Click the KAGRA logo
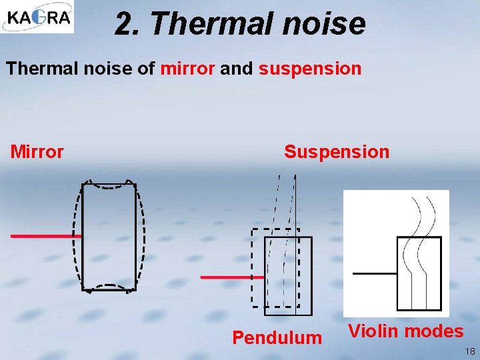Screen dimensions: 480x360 click(37, 17)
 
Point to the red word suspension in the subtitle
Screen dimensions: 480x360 click(310, 69)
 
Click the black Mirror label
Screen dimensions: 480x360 click(37, 152)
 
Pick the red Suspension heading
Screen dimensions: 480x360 click(337, 152)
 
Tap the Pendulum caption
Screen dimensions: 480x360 click(277, 337)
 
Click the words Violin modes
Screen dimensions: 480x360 click(406, 331)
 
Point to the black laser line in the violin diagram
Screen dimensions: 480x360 click(374, 273)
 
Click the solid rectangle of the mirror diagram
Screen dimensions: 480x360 click(109, 237)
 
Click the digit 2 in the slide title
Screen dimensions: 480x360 click(123, 24)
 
